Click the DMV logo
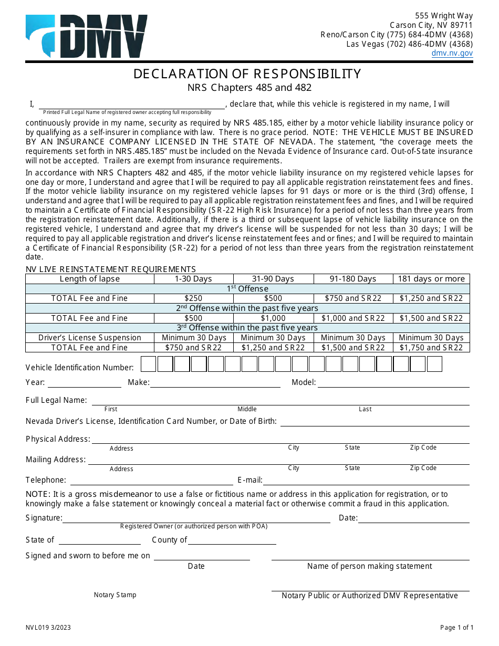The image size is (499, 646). pyautogui.click(x=87, y=36)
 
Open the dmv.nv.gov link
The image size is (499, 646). pyautogui.click(x=452, y=53)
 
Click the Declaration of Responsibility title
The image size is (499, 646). pyautogui.click(x=247, y=74)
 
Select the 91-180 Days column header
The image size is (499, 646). pyautogui.click(x=352, y=279)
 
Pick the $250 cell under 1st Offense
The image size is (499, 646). pyautogui.click(x=193, y=298)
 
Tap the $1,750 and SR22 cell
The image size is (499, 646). pyautogui.click(x=431, y=348)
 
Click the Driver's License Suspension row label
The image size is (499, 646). pyautogui.click(x=90, y=338)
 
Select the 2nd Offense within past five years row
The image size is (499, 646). pyautogui.click(x=247, y=308)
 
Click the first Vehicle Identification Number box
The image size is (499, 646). pyautogui.click(x=149, y=364)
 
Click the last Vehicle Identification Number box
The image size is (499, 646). pyautogui.click(x=434, y=364)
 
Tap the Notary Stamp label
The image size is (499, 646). pyautogui.click(x=115, y=595)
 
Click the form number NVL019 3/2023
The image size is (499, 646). pyautogui.click(x=48, y=628)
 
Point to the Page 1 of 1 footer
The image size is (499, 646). pyautogui.click(x=456, y=628)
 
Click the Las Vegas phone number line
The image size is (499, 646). pyautogui.click(x=409, y=44)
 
